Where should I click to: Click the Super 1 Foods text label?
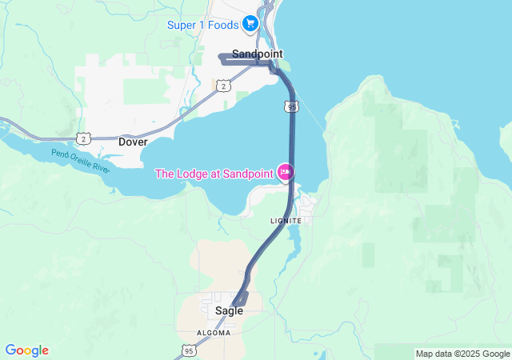(x=203, y=25)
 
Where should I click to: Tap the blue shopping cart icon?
(x=251, y=24)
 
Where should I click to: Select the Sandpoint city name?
(x=257, y=54)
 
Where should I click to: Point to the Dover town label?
(x=133, y=142)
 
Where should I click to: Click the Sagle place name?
(x=229, y=310)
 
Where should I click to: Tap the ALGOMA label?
(x=214, y=332)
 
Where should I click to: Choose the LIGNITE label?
(x=286, y=220)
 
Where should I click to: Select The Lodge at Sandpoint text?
(x=214, y=174)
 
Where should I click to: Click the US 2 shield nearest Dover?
(x=85, y=138)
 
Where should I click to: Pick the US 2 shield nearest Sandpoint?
(x=223, y=86)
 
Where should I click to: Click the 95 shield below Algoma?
(x=189, y=350)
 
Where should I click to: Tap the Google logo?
(x=26, y=350)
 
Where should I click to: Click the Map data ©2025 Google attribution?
(x=462, y=354)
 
